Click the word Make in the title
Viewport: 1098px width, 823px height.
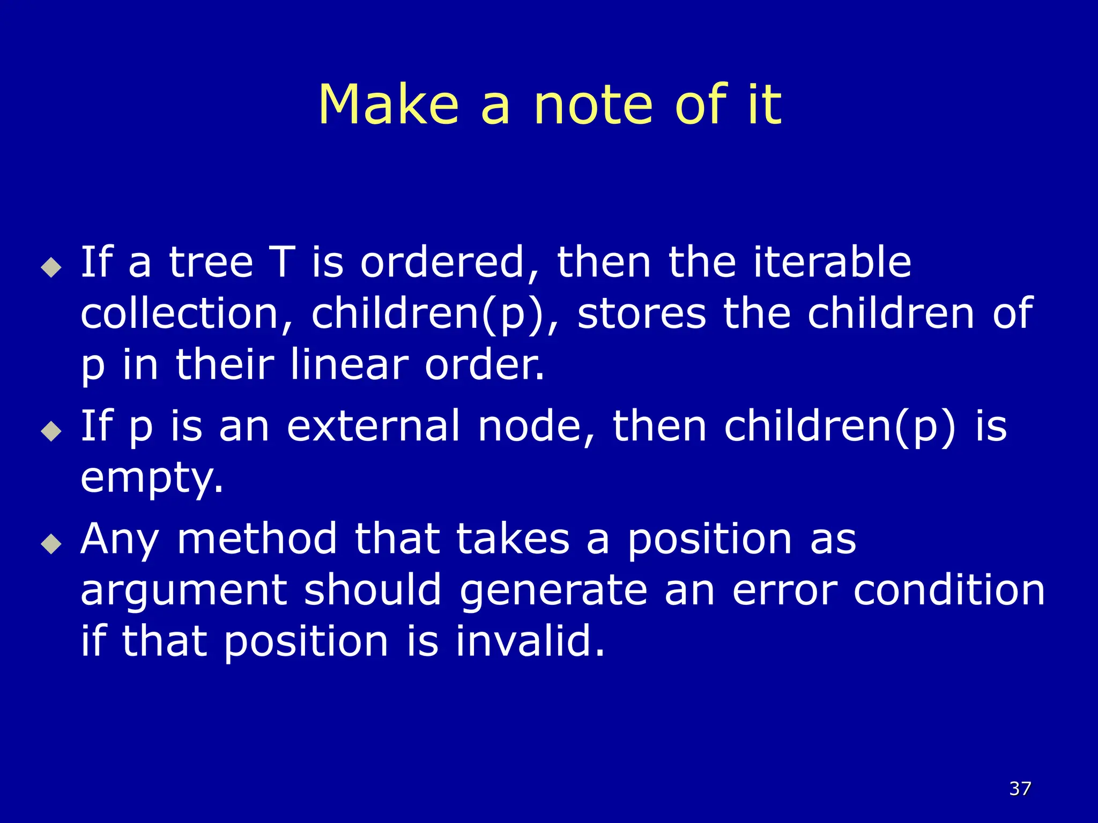(x=389, y=105)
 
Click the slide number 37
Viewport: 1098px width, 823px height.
(x=1020, y=788)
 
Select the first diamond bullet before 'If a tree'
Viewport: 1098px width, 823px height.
(x=51, y=267)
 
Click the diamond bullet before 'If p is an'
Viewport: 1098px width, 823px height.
(x=51, y=431)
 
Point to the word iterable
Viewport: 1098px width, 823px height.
(x=832, y=262)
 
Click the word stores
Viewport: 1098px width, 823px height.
(x=642, y=313)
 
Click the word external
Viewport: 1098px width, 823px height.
(x=373, y=426)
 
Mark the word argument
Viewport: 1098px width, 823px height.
(x=183, y=590)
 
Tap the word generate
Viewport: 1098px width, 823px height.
(x=553, y=590)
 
